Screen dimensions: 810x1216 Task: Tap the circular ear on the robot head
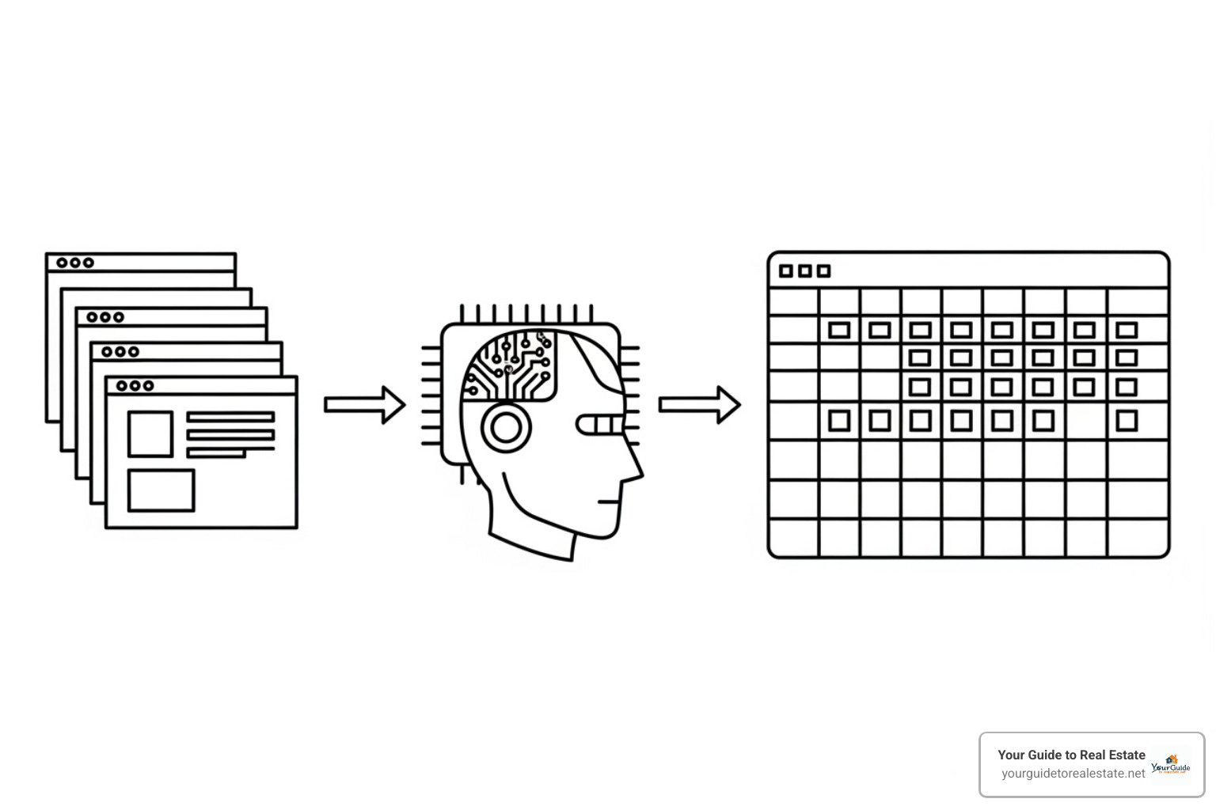click(506, 427)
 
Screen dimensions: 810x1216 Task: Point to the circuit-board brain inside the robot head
click(511, 365)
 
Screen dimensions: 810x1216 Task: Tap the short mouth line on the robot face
click(608, 502)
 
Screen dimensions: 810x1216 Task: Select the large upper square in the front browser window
click(150, 433)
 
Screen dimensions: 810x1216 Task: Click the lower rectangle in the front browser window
click(161, 490)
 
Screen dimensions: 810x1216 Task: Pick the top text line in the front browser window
click(230, 417)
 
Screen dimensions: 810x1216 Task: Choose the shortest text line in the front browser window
click(216, 453)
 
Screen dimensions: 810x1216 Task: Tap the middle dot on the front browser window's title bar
click(135, 386)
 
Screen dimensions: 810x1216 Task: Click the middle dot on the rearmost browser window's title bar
click(75, 263)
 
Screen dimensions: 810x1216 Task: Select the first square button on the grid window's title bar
click(786, 271)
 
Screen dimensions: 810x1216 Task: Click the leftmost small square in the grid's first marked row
click(839, 330)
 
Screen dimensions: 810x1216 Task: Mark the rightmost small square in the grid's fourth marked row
click(1127, 421)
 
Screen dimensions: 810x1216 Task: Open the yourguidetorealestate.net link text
click(1073, 774)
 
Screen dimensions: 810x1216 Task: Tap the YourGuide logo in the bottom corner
click(1171, 765)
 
